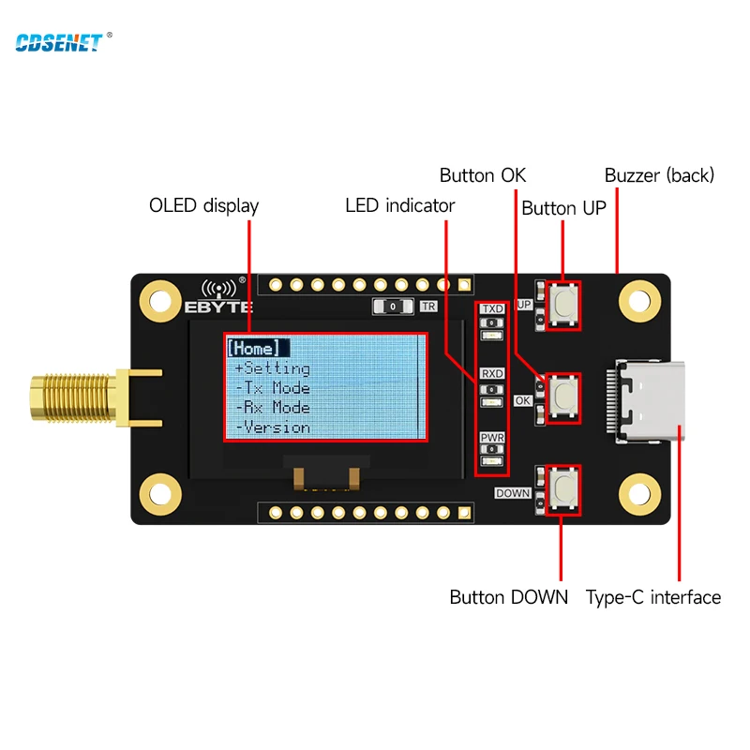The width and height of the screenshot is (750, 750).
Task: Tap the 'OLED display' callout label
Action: pos(203,205)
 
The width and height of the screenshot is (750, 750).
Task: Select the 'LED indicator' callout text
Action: pos(399,205)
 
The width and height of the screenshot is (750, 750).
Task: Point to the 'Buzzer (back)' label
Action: pos(659,175)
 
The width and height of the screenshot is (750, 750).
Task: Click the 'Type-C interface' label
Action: pos(652,597)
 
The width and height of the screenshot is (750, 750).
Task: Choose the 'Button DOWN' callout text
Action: pos(508,597)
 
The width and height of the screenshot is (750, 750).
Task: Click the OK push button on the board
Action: pos(564,396)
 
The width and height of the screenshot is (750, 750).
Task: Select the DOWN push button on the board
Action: pos(564,487)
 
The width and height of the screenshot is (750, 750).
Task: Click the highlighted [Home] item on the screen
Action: pos(253,349)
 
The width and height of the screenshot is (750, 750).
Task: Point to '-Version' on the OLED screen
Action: pos(273,427)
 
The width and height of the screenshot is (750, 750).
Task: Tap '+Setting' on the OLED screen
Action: pos(273,368)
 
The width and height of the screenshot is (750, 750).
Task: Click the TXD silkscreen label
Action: pos(492,308)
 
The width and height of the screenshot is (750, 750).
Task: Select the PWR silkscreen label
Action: pos(492,438)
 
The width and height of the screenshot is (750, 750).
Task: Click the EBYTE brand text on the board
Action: pos(213,307)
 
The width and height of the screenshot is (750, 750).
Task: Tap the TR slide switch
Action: pos(394,307)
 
